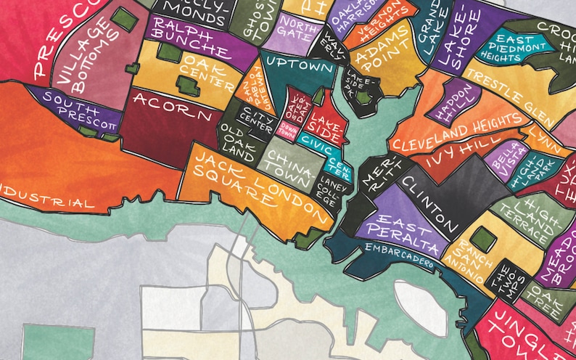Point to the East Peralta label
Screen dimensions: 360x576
(407, 228)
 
